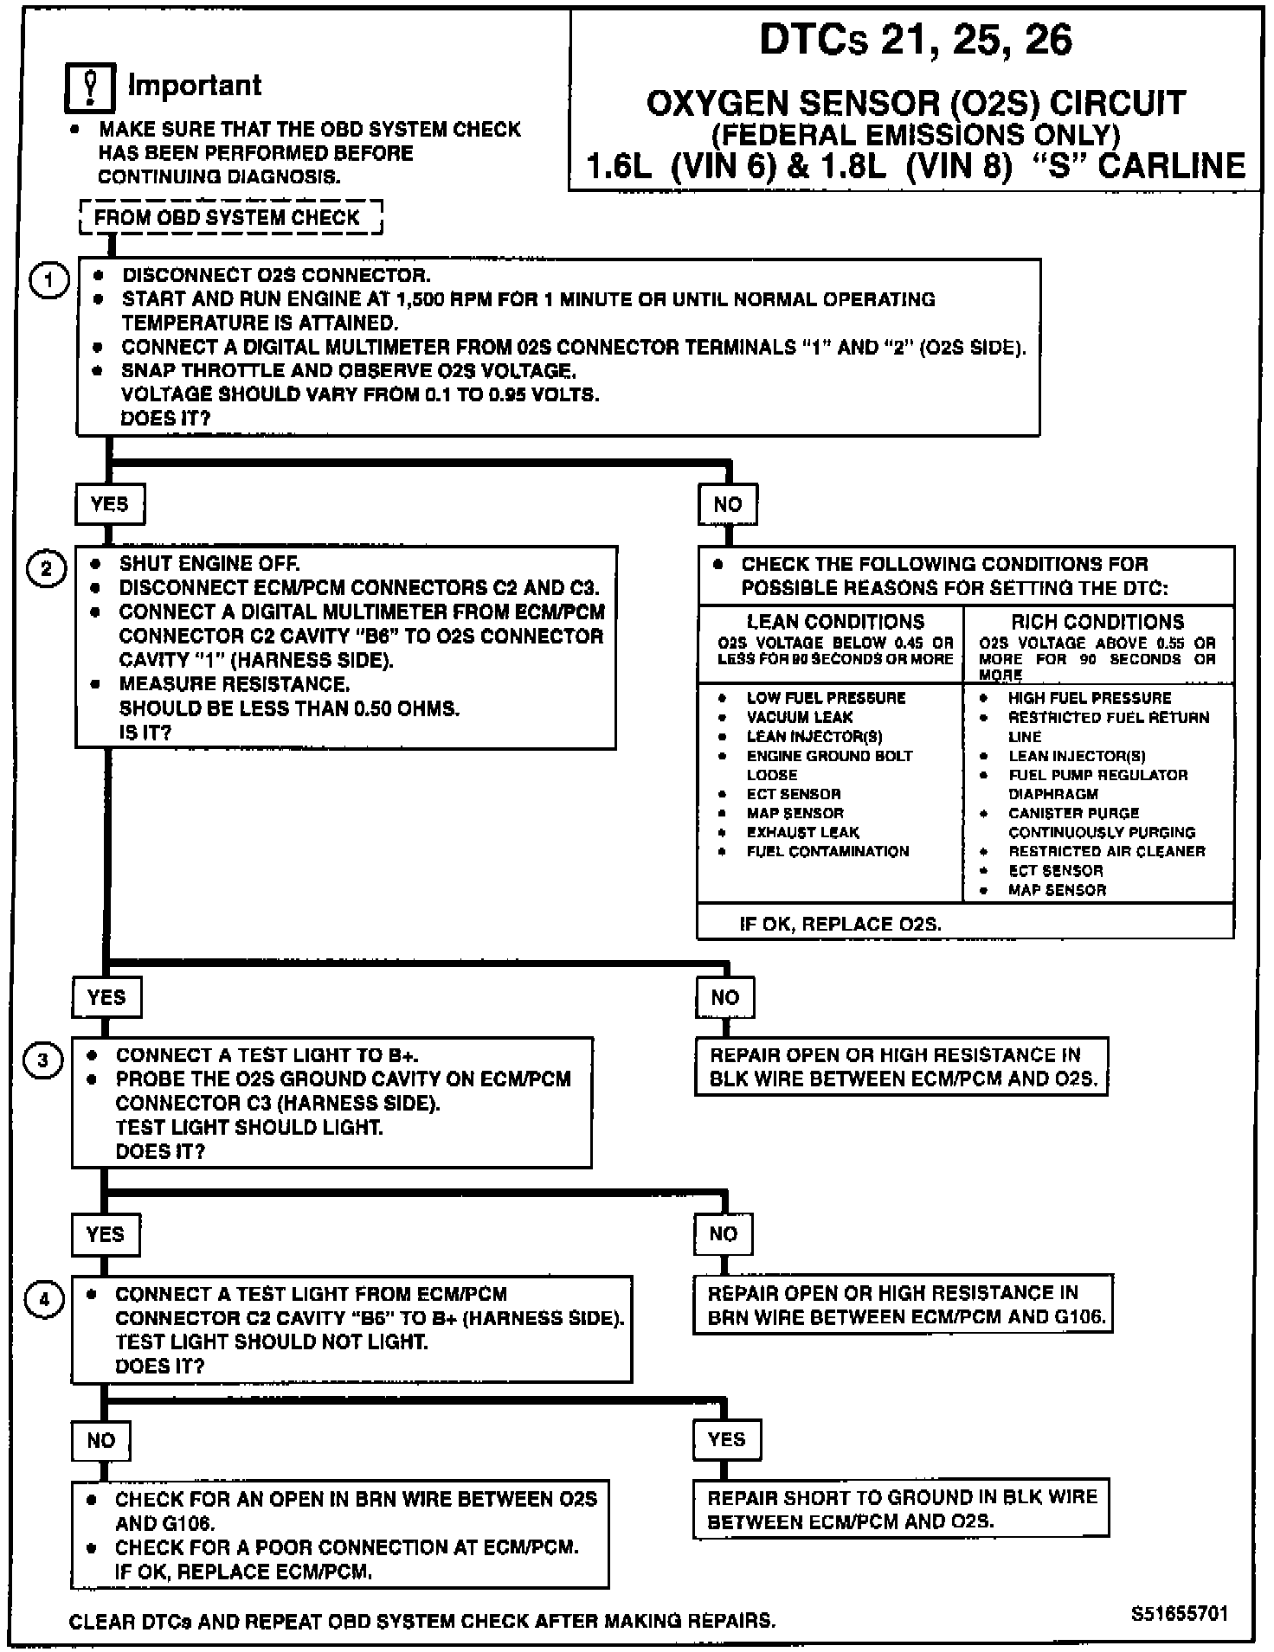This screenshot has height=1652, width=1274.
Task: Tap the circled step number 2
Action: pyautogui.click(x=47, y=569)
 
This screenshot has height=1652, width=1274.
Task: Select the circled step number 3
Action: pyautogui.click(x=43, y=1060)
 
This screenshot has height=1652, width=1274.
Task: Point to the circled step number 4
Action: pyautogui.click(x=44, y=1299)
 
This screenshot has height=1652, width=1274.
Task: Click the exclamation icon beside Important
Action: pyautogui.click(x=90, y=87)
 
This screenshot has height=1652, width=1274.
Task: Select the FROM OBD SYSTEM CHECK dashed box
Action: pyautogui.click(x=230, y=217)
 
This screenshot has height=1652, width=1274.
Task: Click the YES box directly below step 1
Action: pyautogui.click(x=109, y=504)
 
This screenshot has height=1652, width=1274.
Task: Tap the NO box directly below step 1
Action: pyautogui.click(x=728, y=504)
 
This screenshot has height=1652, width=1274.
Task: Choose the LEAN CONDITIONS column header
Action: pyautogui.click(x=834, y=622)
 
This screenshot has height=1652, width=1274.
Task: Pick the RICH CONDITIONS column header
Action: pyautogui.click(x=1097, y=622)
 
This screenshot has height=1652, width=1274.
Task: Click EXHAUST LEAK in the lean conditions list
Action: pyautogui.click(x=802, y=832)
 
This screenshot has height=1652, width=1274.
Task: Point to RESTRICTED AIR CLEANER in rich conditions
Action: pyautogui.click(x=1106, y=851)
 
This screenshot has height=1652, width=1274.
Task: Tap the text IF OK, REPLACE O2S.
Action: pyautogui.click(x=840, y=924)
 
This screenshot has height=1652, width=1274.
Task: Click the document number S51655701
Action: pyautogui.click(x=1179, y=1613)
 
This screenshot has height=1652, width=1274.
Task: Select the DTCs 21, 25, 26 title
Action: pyautogui.click(x=915, y=40)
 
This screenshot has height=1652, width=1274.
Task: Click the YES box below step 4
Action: pyautogui.click(x=725, y=1439)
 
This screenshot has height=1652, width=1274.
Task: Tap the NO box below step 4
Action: pyautogui.click(x=101, y=1440)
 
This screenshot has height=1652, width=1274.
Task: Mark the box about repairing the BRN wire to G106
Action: pyautogui.click(x=903, y=1305)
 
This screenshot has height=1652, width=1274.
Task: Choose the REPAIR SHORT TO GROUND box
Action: pyautogui.click(x=901, y=1509)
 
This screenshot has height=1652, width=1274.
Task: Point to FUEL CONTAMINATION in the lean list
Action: pyautogui.click(x=827, y=851)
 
